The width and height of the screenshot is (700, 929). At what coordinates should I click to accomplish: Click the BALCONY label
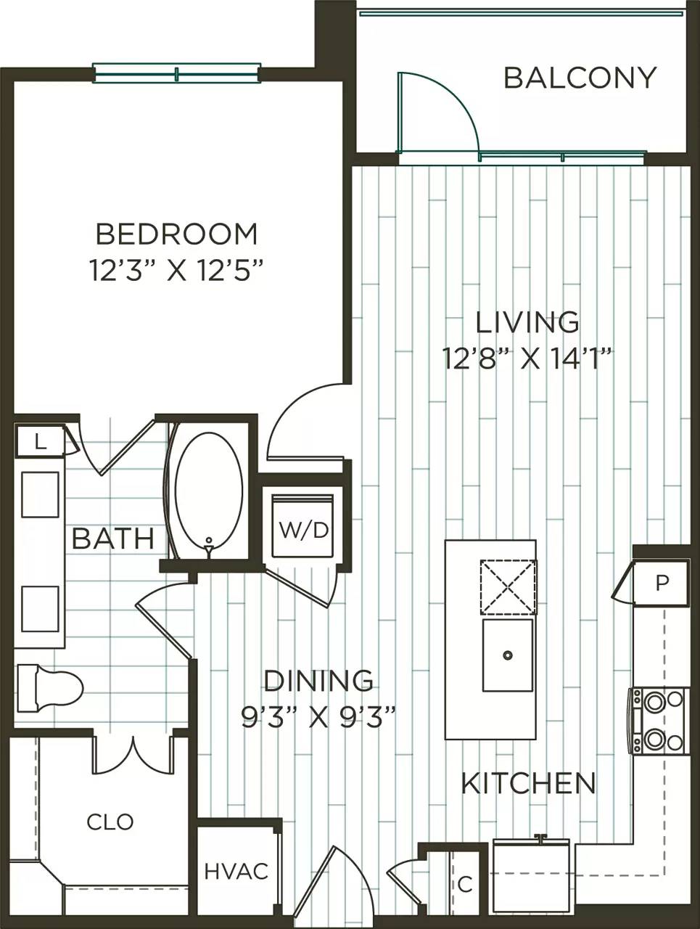580,78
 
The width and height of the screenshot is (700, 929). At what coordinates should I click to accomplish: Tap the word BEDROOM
176,234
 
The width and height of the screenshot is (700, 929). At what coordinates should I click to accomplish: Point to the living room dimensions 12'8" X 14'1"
528,358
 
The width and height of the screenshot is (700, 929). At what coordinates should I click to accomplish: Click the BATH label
113,539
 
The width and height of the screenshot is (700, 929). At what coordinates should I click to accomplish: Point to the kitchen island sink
508,655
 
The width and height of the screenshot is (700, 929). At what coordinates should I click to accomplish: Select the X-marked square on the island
507,587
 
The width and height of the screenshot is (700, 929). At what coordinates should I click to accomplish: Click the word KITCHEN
528,783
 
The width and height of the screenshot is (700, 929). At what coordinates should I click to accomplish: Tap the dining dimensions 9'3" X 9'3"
318,716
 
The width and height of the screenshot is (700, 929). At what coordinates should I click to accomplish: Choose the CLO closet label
110,822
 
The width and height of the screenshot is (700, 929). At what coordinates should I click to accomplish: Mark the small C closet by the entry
465,883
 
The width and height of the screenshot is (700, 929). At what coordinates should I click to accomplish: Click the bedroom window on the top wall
176,73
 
